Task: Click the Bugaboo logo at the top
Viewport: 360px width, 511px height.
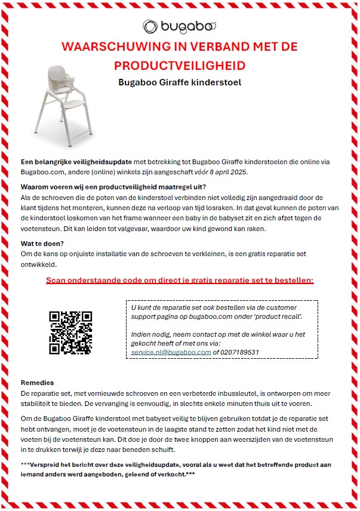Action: pyautogui.click(x=179, y=26)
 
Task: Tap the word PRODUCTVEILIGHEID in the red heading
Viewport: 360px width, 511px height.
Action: pyautogui.click(x=180, y=64)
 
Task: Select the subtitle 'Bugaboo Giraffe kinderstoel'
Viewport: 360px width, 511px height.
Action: pyautogui.click(x=180, y=82)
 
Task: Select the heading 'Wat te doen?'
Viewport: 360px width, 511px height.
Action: pyautogui.click(x=43, y=244)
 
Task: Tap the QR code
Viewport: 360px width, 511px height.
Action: pyautogui.click(x=71, y=332)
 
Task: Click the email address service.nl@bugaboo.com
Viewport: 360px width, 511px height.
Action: pyautogui.click(x=171, y=352)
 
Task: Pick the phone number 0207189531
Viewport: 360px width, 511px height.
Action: pyautogui.click(x=239, y=352)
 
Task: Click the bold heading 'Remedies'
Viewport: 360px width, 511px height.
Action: pyautogui.click(x=38, y=383)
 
